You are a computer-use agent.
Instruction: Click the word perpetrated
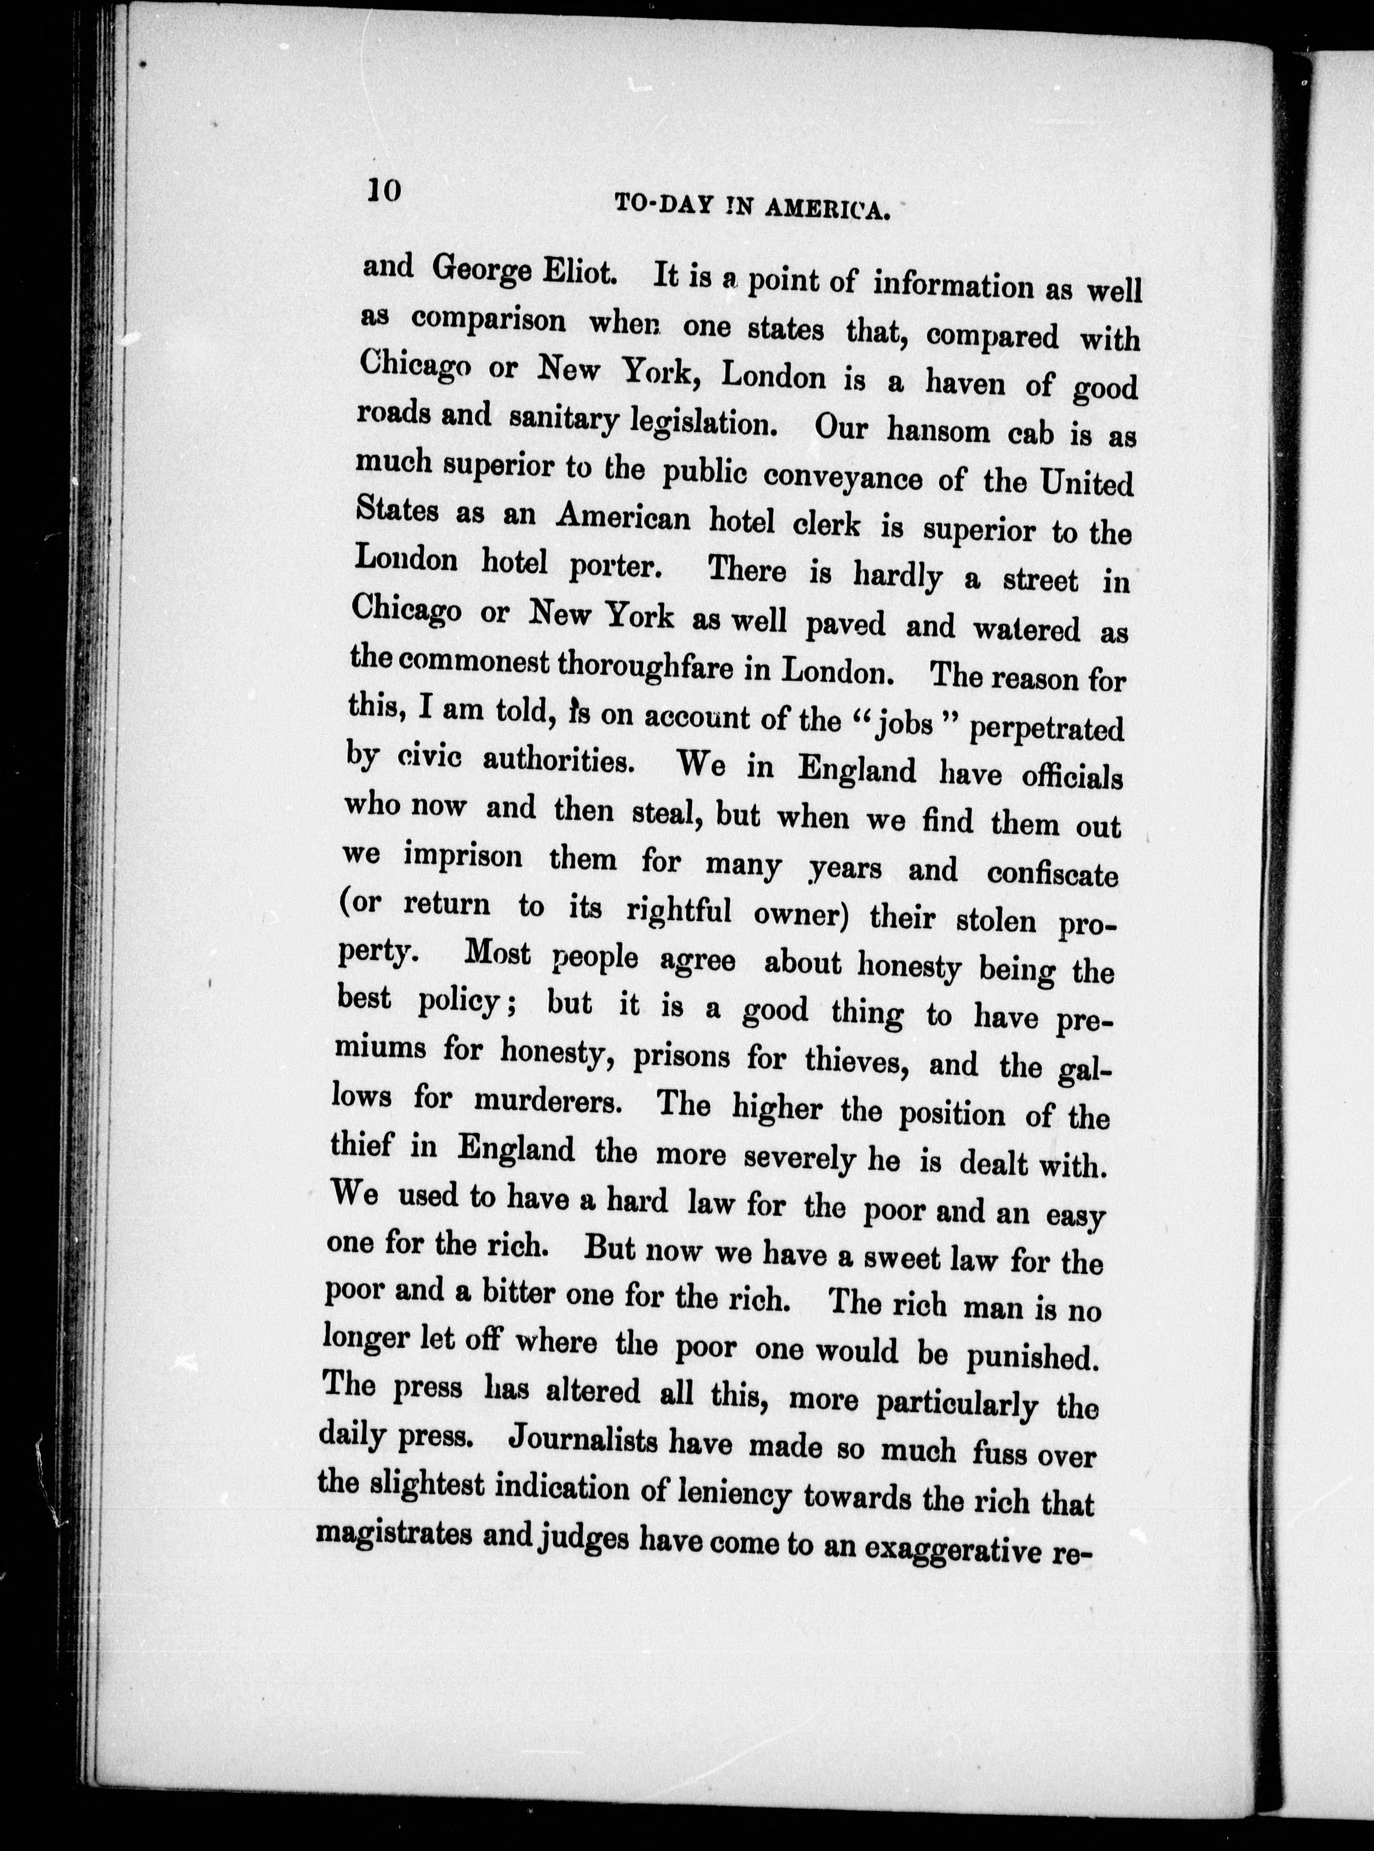pos(1046,728)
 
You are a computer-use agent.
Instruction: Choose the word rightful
pos(679,911)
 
